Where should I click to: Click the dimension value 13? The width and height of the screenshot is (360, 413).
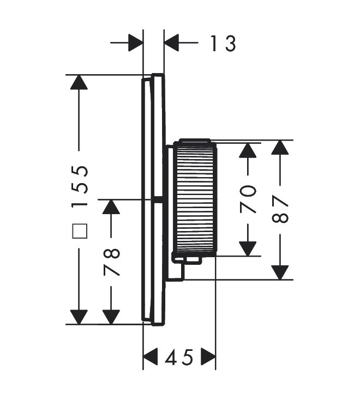pos(223,44)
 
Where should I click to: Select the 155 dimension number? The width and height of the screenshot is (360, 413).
pos(80,187)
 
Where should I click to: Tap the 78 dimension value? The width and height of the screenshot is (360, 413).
pos(112,262)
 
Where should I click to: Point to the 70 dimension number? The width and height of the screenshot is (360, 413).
pos(248,199)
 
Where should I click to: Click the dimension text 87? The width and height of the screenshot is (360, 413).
pos(280,209)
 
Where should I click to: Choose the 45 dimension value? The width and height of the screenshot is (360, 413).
pos(179,357)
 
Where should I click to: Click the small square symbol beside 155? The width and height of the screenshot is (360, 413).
pos(80,231)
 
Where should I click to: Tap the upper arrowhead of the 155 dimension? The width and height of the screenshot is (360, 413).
pos(79,82)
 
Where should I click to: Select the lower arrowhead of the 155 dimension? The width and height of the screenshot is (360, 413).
pos(79,317)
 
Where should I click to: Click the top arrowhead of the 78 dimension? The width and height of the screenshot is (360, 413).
pos(111,206)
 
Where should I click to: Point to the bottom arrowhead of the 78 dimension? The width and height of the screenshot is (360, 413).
pos(111,317)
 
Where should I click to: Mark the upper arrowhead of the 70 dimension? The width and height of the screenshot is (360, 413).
pos(248,150)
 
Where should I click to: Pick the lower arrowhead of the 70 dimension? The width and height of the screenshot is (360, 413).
pos(248,248)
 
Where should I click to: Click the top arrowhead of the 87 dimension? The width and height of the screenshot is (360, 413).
pos(280,147)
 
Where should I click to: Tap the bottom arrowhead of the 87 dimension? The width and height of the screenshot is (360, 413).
pos(280,272)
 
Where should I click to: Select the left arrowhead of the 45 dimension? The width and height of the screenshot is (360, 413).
pos(151,357)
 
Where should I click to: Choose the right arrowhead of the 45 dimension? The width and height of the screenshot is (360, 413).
pos(208,357)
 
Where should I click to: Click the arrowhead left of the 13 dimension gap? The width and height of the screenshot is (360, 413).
pos(136,42)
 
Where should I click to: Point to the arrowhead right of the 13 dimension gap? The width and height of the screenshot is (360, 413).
pos(171,42)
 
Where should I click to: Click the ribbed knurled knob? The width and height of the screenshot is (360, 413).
pos(195,198)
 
